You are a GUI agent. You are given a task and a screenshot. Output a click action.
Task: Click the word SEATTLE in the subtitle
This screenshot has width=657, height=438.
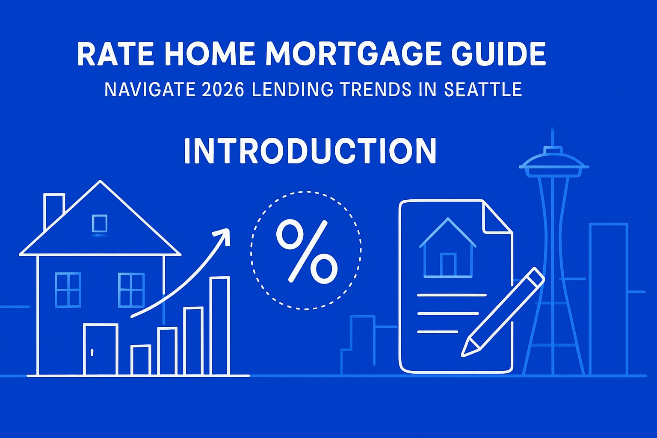tap(483, 90)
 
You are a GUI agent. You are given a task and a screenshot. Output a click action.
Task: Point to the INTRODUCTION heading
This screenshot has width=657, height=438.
tap(310, 151)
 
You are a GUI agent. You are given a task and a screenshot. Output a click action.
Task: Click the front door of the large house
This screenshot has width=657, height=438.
tap(101, 349)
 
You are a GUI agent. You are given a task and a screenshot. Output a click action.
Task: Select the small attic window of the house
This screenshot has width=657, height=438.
tap(99, 223)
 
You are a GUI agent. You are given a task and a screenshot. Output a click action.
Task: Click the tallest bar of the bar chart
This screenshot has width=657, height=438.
tap(219, 326)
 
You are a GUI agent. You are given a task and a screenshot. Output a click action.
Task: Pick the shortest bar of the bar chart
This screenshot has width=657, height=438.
tap(141, 360)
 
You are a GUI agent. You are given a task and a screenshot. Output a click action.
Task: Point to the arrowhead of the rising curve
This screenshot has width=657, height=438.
tap(222, 235)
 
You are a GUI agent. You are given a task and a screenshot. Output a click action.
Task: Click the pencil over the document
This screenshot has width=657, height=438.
tap(503, 312)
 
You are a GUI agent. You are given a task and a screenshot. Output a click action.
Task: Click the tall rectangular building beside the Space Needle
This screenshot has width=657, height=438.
tap(608, 299)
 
